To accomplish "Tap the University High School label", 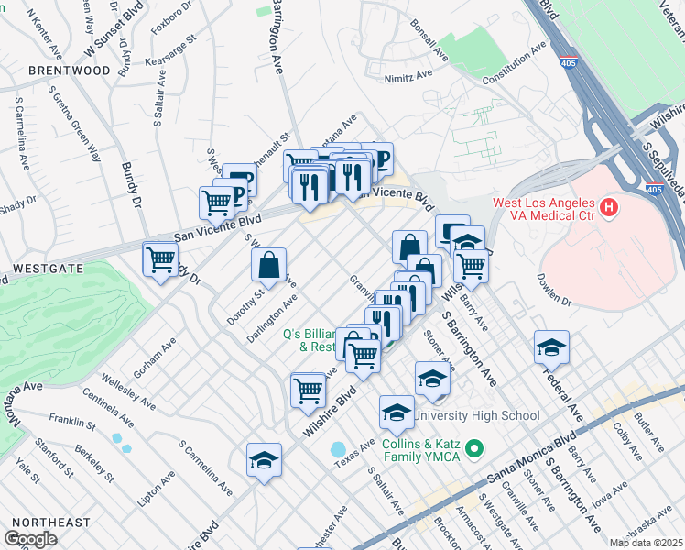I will (x=477, y=415).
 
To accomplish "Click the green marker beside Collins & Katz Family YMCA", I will (x=473, y=449).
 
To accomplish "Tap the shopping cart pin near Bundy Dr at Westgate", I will (x=160, y=259).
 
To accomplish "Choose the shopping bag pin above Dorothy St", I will (x=269, y=266).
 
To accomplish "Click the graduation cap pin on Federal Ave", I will (x=551, y=348).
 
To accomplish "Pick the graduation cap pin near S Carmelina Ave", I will (x=264, y=461).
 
